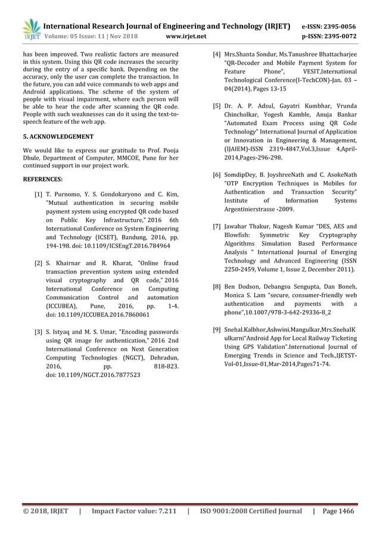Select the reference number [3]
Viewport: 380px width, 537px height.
38,331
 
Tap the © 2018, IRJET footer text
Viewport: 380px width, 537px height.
45,511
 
